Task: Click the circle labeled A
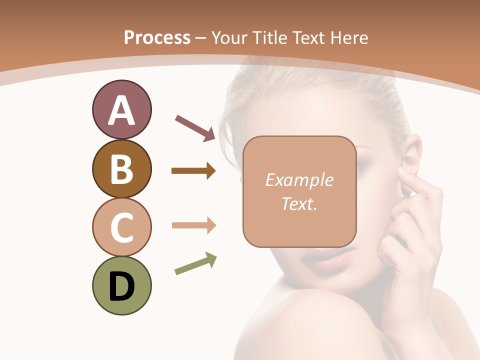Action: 121,109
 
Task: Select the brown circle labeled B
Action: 121,168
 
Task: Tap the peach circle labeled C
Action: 121,227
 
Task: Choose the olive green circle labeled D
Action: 121,285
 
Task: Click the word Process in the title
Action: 157,38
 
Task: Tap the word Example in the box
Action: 299,180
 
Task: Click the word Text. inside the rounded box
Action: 299,204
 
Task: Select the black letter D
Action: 121,286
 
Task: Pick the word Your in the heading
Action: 229,38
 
